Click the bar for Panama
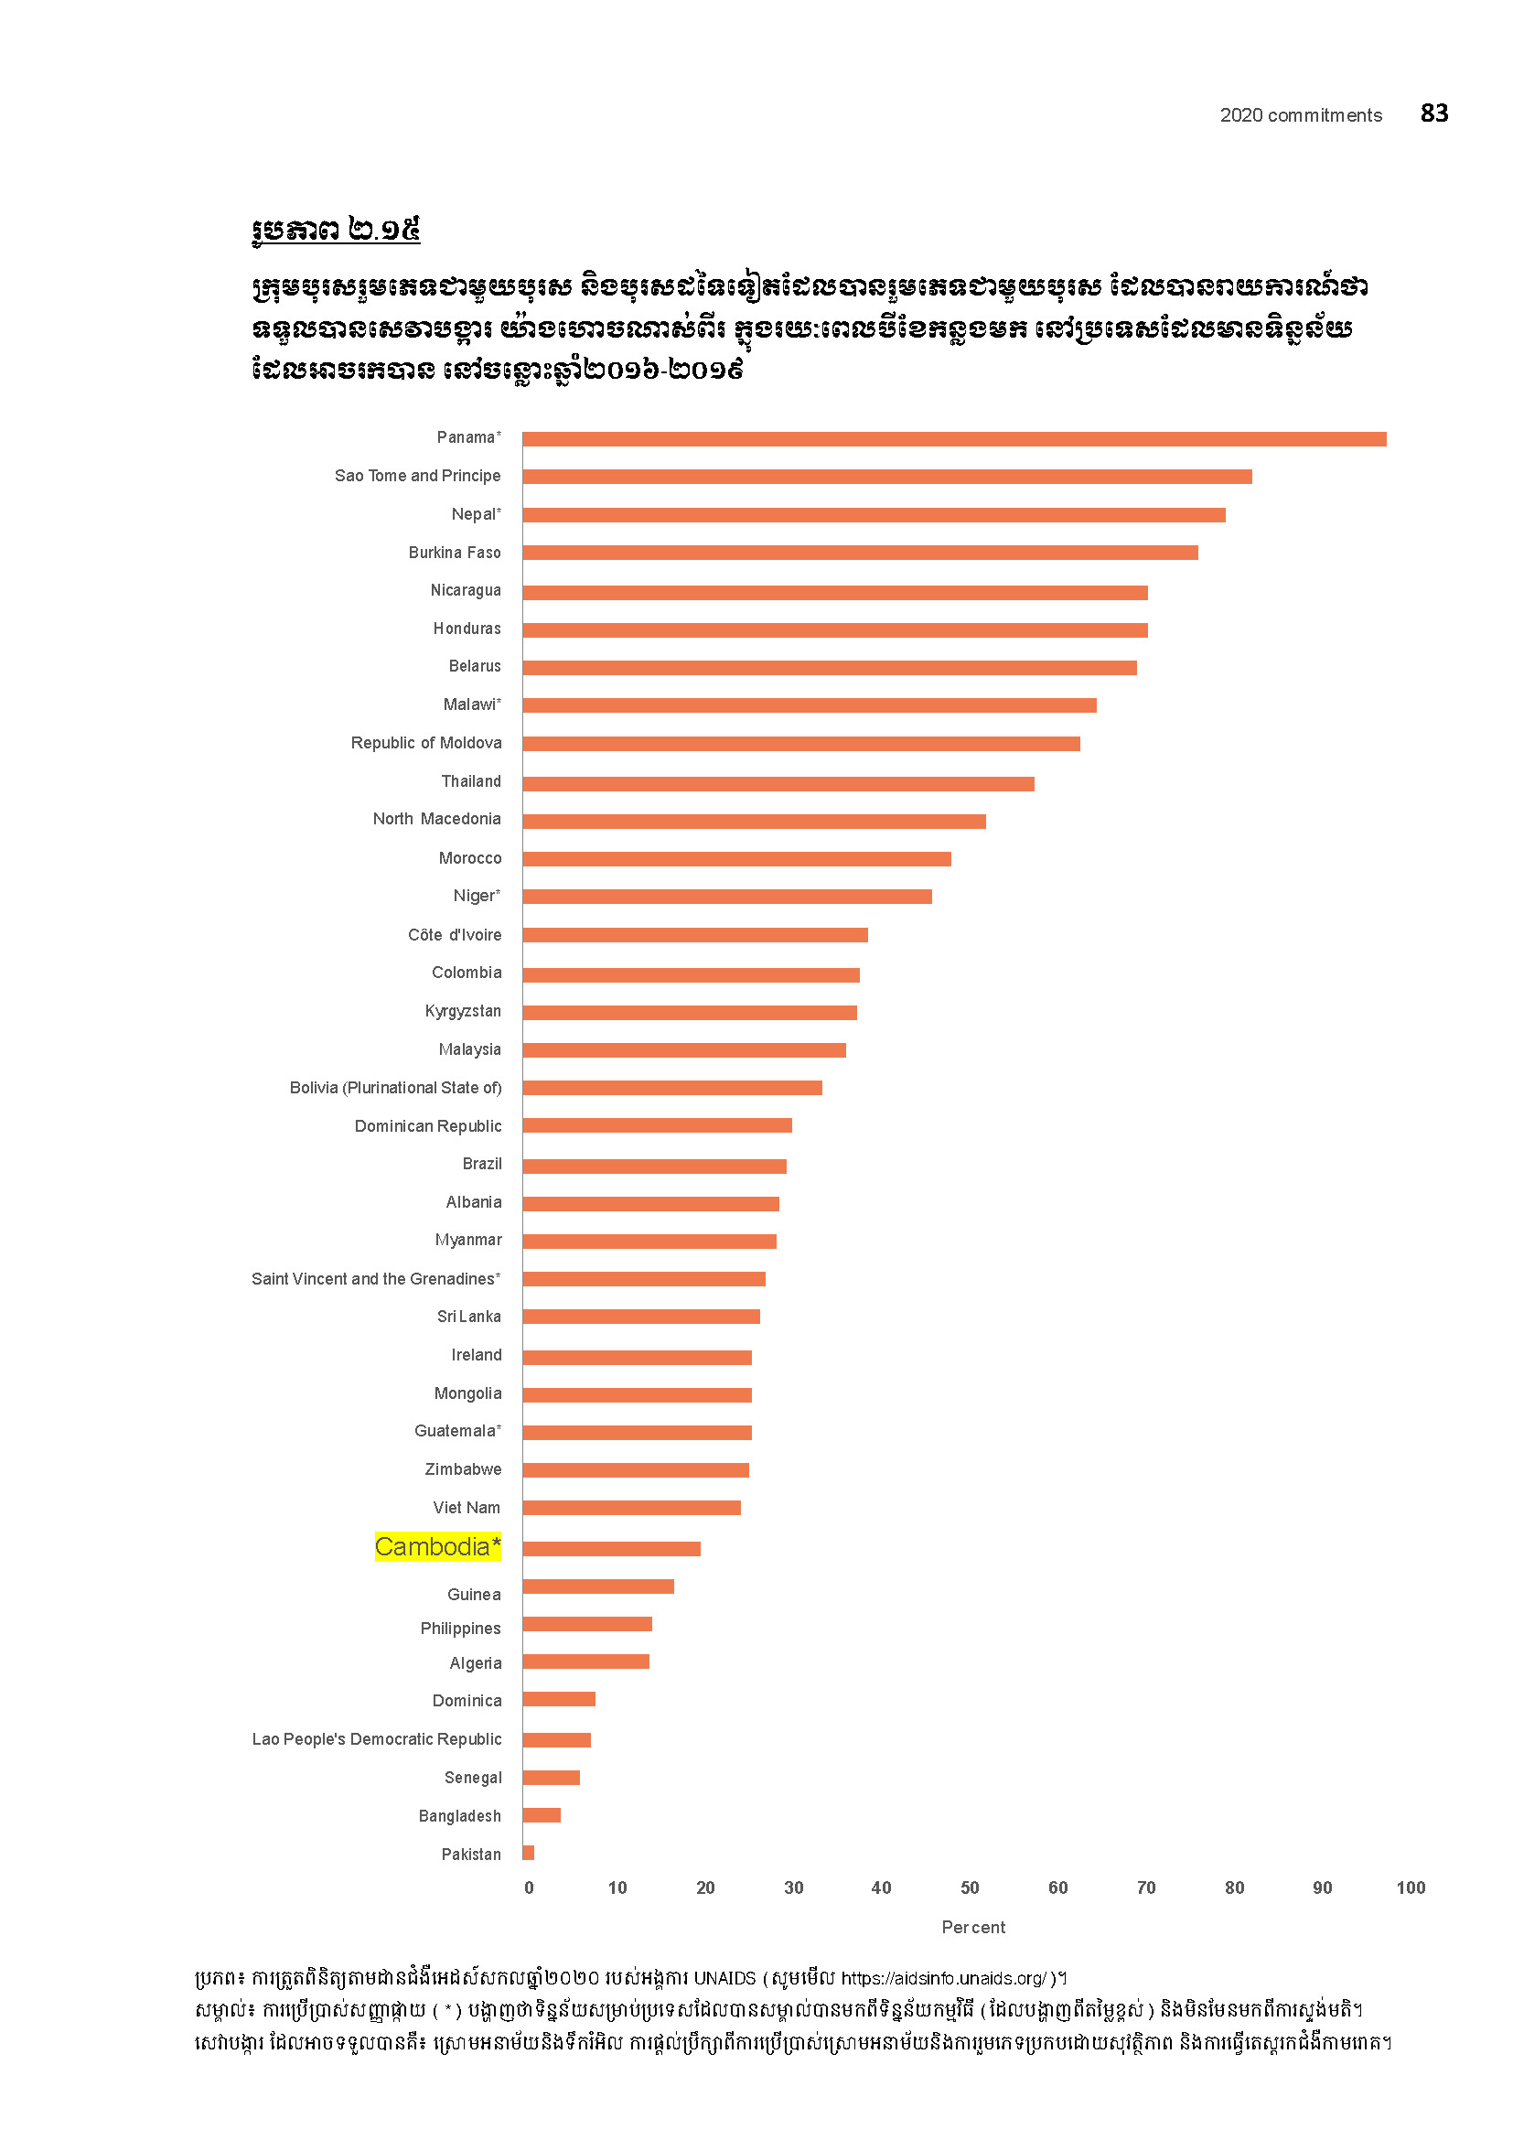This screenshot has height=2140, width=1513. (x=954, y=439)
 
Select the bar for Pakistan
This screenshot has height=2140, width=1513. (x=528, y=1853)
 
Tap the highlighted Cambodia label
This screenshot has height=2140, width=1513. (x=437, y=1547)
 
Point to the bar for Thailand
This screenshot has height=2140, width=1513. (x=778, y=784)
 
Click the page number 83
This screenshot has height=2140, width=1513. (x=1433, y=113)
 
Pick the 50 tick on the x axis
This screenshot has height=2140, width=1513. (x=970, y=1887)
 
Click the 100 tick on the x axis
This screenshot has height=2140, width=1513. (x=1411, y=1887)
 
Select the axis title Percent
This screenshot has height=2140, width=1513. (x=973, y=1928)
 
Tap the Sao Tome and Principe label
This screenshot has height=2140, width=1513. (x=417, y=477)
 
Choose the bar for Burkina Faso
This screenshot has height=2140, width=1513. (x=860, y=553)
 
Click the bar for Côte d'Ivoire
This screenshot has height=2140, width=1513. (x=695, y=935)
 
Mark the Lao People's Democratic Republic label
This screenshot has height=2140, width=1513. (x=376, y=1739)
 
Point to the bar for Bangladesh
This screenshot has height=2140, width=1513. (x=542, y=1814)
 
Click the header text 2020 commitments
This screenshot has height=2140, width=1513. (x=1301, y=115)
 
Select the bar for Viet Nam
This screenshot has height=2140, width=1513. (x=632, y=1508)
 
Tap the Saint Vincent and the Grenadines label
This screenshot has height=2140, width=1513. (x=375, y=1279)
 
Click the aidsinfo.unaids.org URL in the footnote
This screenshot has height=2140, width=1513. (x=944, y=1978)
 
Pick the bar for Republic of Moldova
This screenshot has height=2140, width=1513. (x=801, y=744)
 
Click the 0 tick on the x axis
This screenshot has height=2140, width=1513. (x=529, y=1887)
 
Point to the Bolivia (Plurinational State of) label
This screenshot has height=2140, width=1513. (x=395, y=1088)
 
